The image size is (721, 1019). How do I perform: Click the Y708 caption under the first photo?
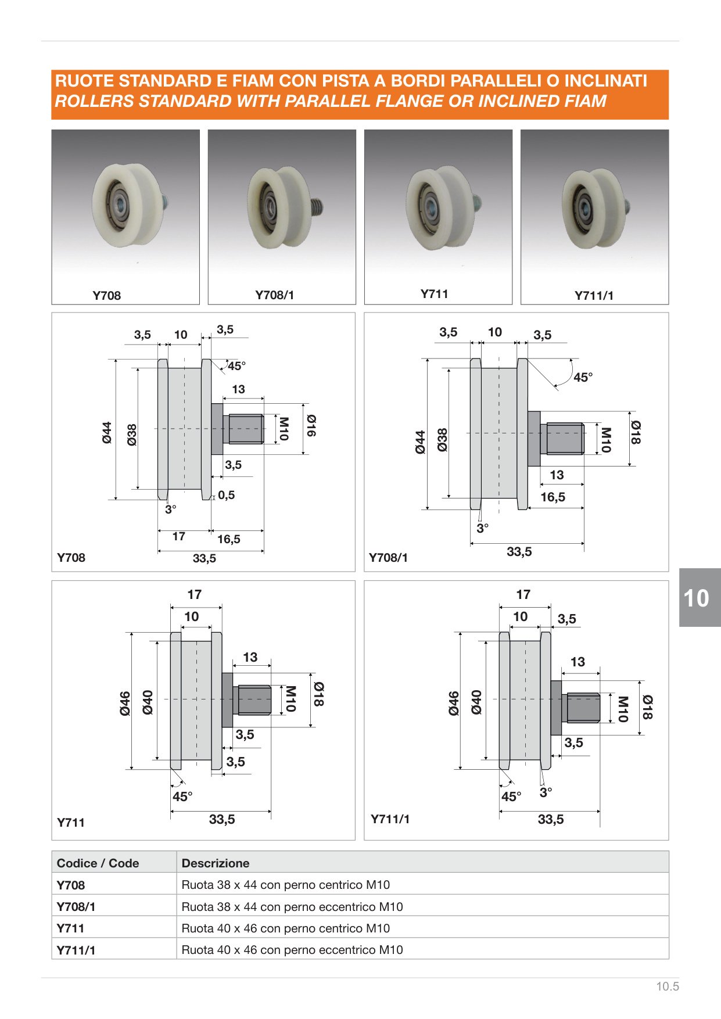[107, 295]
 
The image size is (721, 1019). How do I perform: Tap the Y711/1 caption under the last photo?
[594, 295]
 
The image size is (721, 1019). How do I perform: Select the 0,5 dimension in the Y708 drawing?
[227, 495]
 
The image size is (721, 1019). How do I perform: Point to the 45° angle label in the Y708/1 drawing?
[583, 378]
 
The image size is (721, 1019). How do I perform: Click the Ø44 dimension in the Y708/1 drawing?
[421, 442]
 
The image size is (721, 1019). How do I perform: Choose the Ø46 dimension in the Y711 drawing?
[125, 703]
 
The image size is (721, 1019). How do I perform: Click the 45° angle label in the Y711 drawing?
[182, 796]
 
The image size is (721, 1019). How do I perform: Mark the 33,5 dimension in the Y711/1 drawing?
[551, 819]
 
